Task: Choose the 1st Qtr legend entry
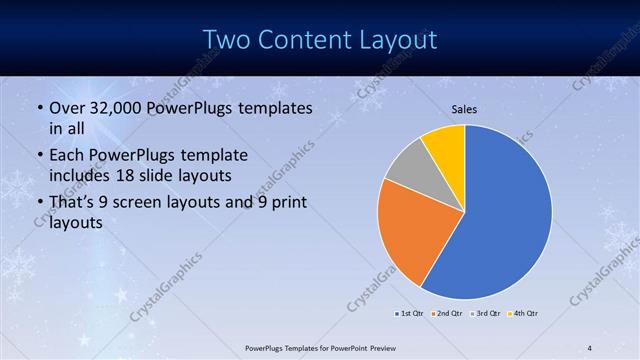(409, 314)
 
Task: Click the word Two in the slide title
(228, 40)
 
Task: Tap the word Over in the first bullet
(66, 107)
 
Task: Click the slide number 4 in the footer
(590, 347)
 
